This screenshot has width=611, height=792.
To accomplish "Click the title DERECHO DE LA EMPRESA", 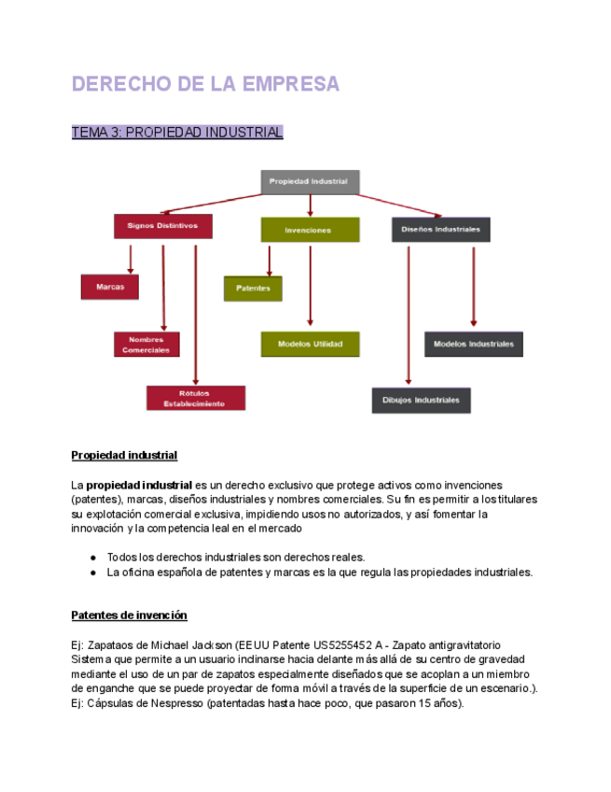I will pyautogui.click(x=205, y=84).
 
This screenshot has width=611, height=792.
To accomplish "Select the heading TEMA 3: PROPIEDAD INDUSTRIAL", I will pyautogui.click(x=177, y=133).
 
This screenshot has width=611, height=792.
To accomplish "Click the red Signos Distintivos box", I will pyautogui.click(x=162, y=226).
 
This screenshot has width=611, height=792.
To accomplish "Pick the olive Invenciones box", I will pyautogui.click(x=309, y=230).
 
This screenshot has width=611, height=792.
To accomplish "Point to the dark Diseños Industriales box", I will pyautogui.click(x=440, y=229).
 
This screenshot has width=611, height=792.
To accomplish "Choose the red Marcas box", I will pyautogui.click(x=110, y=286).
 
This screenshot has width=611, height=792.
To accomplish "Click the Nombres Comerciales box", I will pyautogui.click(x=147, y=344).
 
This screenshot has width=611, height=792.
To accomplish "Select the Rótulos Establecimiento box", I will pyautogui.click(x=195, y=398).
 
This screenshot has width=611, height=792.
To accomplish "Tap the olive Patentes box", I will pyautogui.click(x=253, y=289).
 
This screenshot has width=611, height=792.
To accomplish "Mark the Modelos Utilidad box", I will pyautogui.click(x=310, y=344).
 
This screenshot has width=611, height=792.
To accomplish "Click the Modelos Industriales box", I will pyautogui.click(x=473, y=344).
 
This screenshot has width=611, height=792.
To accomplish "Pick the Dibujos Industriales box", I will pyautogui.click(x=421, y=400).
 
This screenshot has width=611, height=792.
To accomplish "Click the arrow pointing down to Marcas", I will pyautogui.click(x=131, y=260).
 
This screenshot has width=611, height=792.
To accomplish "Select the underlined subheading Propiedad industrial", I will pyautogui.click(x=124, y=456).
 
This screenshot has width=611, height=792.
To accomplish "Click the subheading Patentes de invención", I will pyautogui.click(x=130, y=615).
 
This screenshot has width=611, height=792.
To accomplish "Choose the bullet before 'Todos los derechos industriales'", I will pyautogui.click(x=93, y=557).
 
